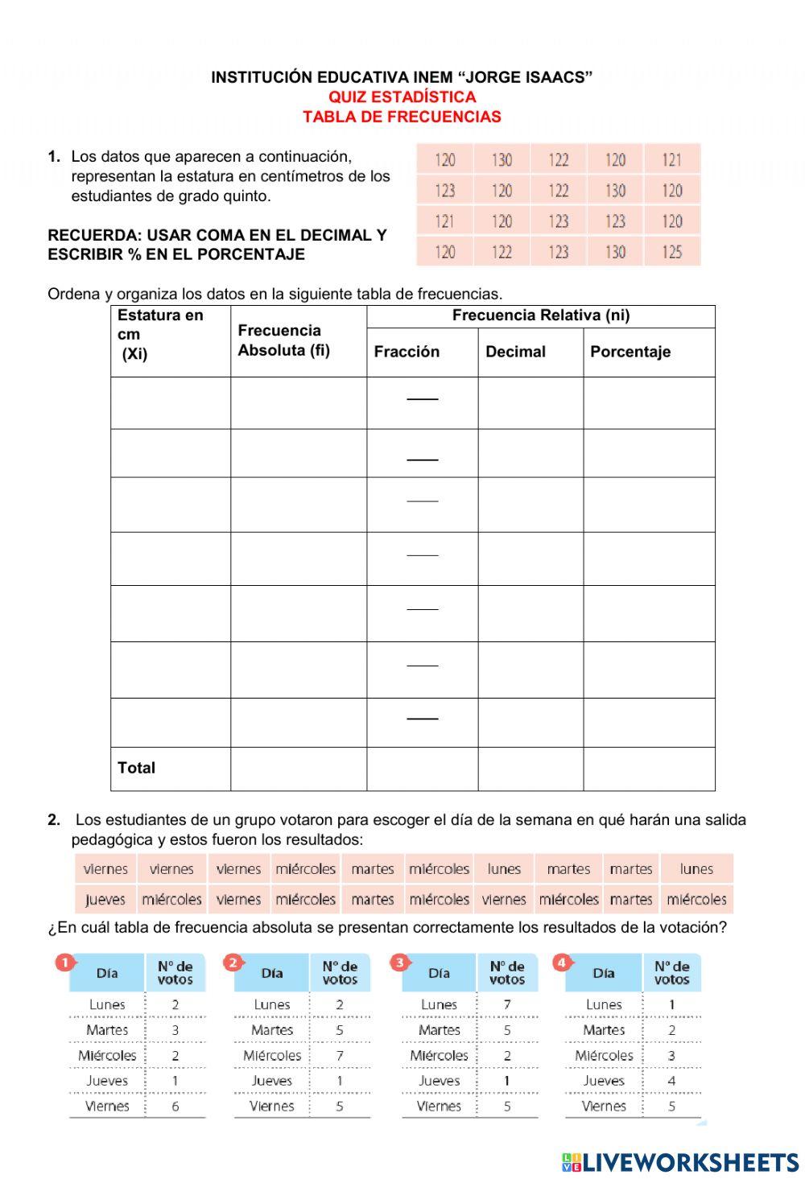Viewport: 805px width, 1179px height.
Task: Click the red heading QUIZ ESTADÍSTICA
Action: point(402,97)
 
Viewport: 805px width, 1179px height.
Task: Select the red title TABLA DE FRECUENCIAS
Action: point(402,117)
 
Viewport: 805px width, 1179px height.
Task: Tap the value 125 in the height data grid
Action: point(672,252)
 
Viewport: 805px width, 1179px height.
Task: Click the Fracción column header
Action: point(407,352)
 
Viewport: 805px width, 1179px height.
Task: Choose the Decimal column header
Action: point(515,352)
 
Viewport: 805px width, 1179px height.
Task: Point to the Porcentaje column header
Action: point(630,352)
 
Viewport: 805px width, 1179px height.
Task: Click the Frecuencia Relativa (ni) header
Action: point(540,315)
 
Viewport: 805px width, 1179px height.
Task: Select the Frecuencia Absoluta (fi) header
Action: point(283,340)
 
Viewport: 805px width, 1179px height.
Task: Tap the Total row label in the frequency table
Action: point(136,768)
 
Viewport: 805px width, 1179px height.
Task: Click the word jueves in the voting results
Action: point(105,899)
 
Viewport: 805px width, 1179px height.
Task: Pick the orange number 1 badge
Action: point(64,962)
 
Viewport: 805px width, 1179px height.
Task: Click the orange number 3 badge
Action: point(398,962)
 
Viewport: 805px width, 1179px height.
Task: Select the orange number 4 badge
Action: point(561,962)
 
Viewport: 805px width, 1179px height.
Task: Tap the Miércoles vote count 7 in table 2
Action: point(340,1055)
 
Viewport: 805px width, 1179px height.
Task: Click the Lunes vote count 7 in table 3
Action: point(506,1004)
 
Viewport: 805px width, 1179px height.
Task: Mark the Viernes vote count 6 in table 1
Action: point(175,1106)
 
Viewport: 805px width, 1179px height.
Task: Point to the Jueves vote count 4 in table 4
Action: point(671,1081)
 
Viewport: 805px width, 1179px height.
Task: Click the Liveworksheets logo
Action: point(679,1161)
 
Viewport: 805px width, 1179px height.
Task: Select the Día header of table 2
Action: point(271,973)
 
